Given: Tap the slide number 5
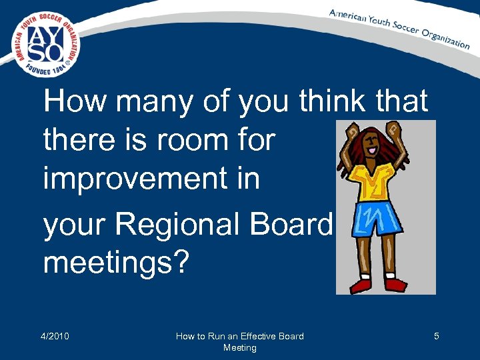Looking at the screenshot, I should pos(436,336).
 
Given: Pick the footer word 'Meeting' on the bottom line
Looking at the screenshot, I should pos(239,347).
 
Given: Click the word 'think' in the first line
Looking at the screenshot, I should pos(331,102).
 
